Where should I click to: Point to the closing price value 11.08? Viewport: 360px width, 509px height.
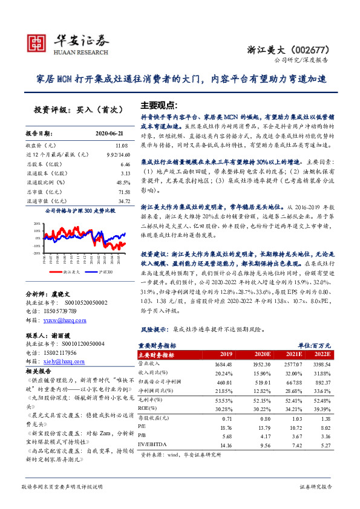123,146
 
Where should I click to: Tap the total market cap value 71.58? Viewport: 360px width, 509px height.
123,191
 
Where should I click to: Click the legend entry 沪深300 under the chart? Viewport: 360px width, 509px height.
106,273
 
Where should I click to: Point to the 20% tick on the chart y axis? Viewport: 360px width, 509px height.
37,222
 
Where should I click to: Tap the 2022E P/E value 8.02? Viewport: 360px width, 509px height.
323,426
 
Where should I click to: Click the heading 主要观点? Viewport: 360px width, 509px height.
158,104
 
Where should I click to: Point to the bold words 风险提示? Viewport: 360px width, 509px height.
153,329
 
